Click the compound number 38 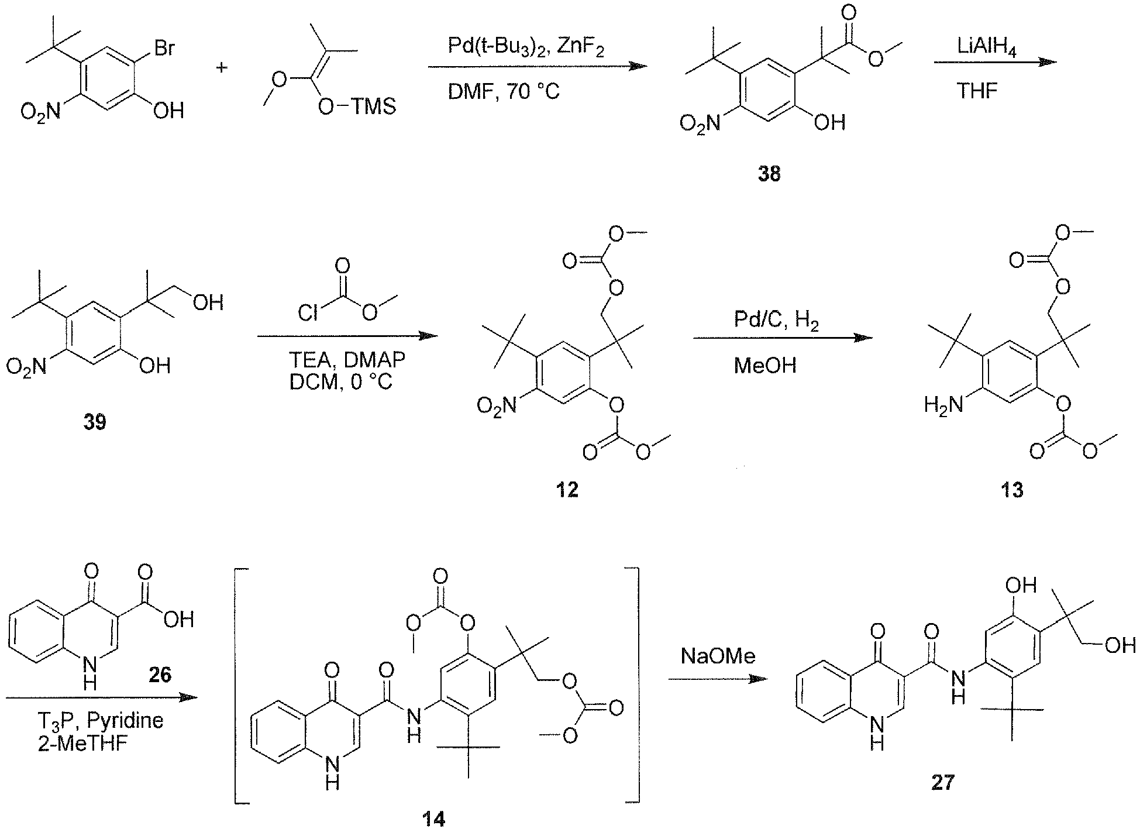769,174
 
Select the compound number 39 95,422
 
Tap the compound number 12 567,489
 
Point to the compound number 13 1012,489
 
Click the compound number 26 159,675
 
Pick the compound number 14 433,818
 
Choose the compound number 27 942,782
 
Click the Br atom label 163,48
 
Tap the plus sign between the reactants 222,68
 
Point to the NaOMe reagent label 718,656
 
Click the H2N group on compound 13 943,405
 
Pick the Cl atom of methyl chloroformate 308,314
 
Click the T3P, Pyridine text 101,720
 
